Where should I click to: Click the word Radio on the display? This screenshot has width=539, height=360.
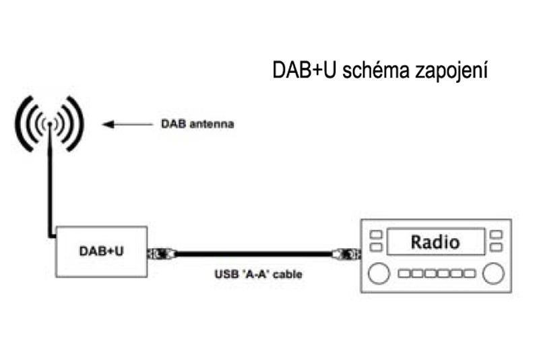point(435,241)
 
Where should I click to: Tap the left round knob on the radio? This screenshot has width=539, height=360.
point(380,274)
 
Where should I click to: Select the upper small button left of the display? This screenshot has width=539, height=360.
point(377,235)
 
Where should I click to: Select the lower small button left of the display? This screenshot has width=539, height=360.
point(377,247)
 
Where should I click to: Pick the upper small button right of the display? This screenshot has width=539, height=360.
point(497,235)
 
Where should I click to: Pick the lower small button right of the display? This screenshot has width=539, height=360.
point(497,247)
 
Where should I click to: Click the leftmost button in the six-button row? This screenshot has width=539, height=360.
point(404,274)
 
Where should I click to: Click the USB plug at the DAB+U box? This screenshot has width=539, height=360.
point(162,254)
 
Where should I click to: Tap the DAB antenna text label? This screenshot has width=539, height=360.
point(197,124)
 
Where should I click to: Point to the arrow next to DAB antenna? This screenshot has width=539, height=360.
point(128,124)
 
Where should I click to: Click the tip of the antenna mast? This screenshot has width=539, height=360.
point(49,124)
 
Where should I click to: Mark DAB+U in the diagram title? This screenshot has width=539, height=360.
point(304,69)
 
